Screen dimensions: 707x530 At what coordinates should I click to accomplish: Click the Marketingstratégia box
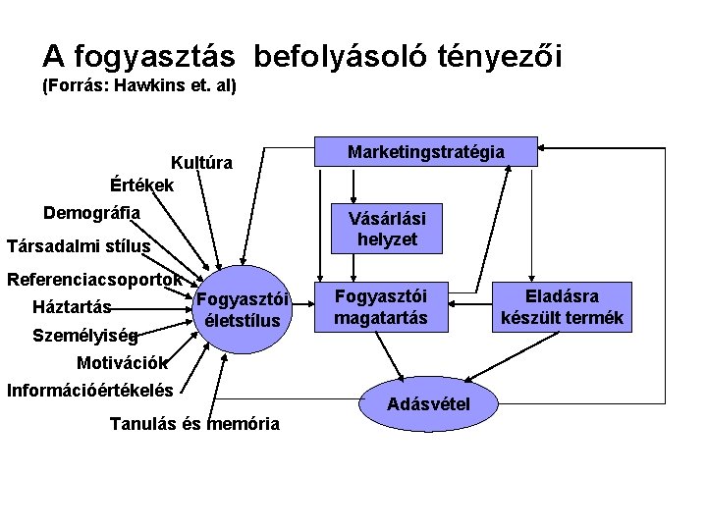(x=426, y=151)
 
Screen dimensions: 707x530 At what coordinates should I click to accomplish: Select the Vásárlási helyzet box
(x=388, y=228)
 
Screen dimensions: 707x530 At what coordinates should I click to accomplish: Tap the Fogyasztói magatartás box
(x=380, y=306)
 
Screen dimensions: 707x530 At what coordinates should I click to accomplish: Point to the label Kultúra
(x=201, y=163)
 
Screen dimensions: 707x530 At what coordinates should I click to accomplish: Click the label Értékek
(x=142, y=185)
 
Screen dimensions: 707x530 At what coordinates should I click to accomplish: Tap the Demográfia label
(x=91, y=212)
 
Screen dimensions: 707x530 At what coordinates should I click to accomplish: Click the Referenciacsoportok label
(x=94, y=279)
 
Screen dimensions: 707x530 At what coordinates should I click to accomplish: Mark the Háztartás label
(x=72, y=306)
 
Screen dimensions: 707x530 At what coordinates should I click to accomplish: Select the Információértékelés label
(x=90, y=390)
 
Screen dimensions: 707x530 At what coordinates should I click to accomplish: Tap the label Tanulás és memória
(x=194, y=424)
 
